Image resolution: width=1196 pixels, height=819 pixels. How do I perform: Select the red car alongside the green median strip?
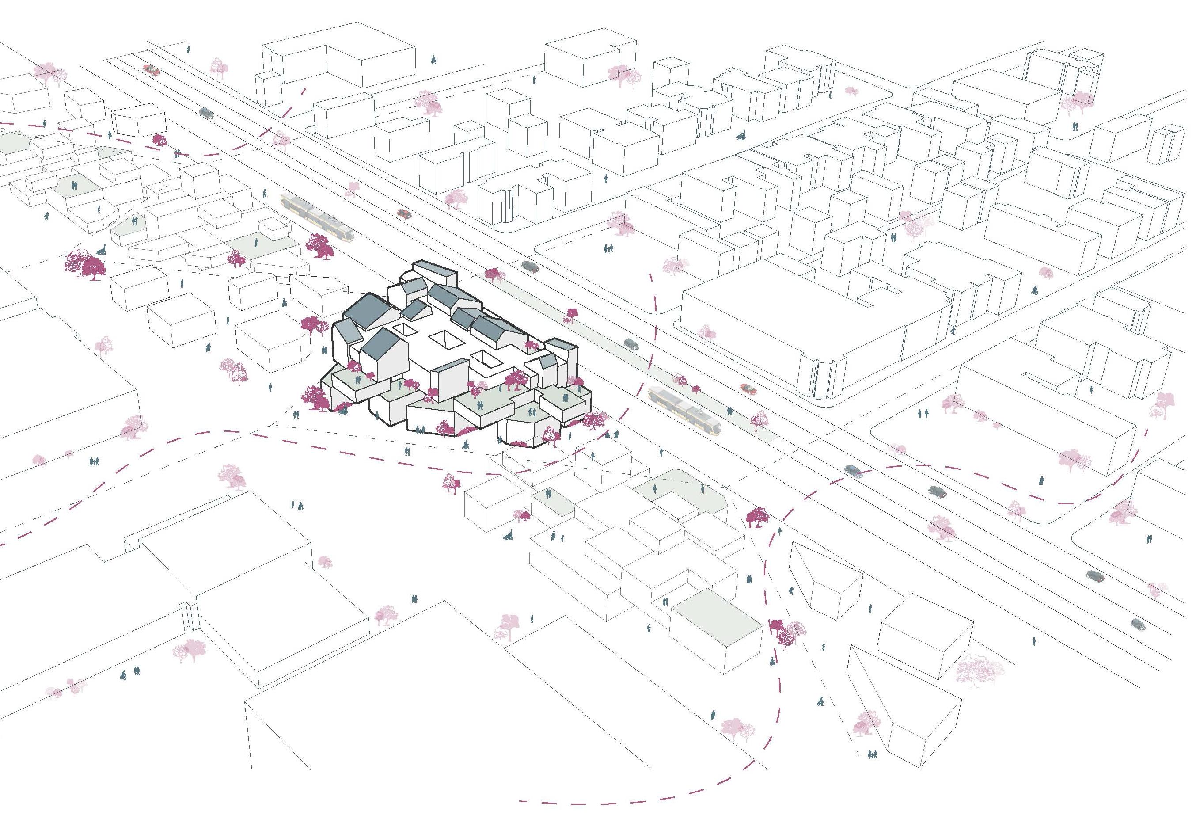(748, 389)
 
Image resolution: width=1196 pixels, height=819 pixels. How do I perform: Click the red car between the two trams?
(404, 213)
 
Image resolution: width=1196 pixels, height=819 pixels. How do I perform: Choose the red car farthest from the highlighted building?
(151, 69)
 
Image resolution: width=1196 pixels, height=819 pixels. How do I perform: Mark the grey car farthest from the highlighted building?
(1138, 624)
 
